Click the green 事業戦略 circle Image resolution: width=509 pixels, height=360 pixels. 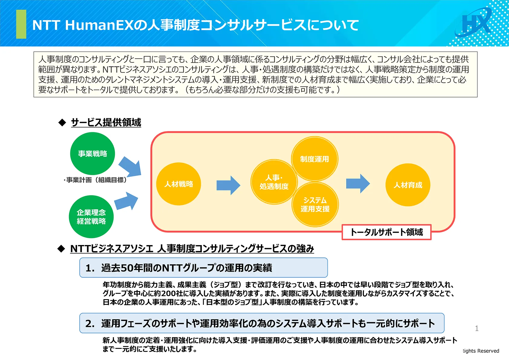coord(93,154)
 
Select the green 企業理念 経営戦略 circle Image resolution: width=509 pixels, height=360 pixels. coord(91,217)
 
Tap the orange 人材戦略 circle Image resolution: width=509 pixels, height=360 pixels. coord(178,184)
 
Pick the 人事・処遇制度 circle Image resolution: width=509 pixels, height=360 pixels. coord(274,182)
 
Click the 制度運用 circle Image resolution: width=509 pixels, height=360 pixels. coord(315,159)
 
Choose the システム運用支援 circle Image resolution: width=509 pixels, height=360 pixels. coord(315,205)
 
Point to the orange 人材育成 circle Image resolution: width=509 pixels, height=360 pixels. coord(408,185)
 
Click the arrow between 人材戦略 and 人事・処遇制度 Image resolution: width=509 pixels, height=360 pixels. coord(228,185)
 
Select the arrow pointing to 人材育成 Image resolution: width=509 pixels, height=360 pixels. coord(358,183)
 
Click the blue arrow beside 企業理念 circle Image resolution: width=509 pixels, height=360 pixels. coord(126,201)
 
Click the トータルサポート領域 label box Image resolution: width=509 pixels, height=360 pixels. coord(386,232)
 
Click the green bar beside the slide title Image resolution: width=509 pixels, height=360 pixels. coord(21,24)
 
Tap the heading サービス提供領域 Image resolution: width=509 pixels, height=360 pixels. coord(106,123)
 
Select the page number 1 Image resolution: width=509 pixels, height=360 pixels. coord(477,328)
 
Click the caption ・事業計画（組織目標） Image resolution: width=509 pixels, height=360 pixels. coord(95,180)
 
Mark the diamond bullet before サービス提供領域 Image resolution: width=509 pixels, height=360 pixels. coord(62,123)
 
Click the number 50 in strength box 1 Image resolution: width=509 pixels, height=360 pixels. coord(127,268)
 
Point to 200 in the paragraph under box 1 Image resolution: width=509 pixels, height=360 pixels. coord(168,293)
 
